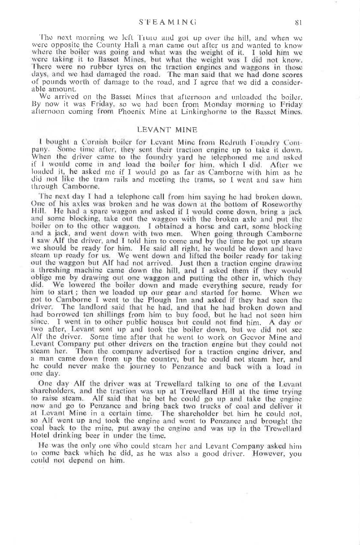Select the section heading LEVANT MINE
[x=167, y=130]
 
